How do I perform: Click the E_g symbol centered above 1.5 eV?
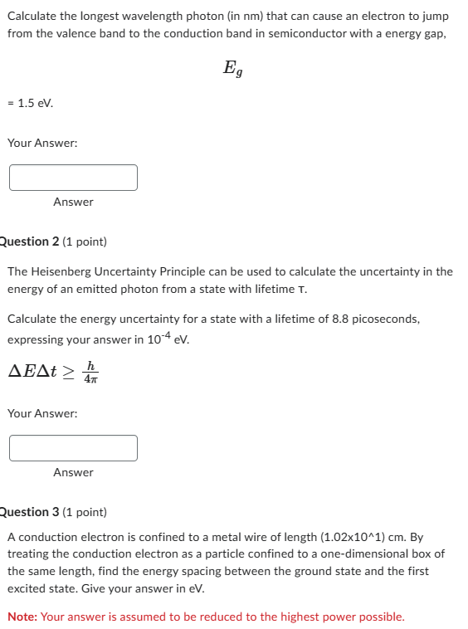click(x=233, y=69)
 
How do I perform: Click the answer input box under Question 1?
click(x=73, y=177)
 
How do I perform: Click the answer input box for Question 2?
click(x=73, y=448)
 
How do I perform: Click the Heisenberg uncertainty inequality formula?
click(x=55, y=371)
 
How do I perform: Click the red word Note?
click(x=22, y=617)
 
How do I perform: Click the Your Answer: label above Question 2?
click(x=42, y=143)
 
